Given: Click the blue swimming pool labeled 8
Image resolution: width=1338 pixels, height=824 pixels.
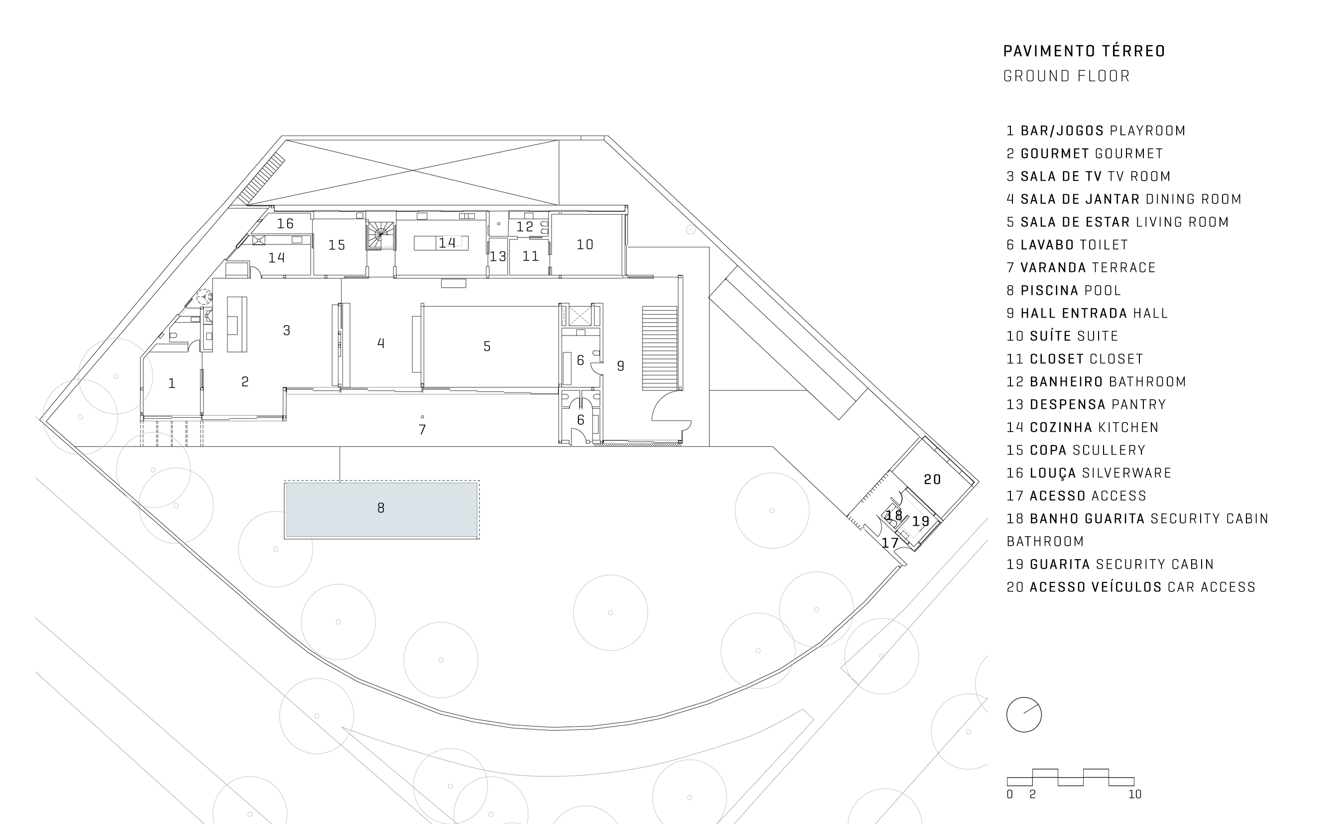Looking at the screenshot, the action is click(381, 509).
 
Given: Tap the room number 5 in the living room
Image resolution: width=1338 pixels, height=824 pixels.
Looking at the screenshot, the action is click(487, 347).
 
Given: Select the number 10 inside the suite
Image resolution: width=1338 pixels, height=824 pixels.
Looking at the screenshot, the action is click(585, 244).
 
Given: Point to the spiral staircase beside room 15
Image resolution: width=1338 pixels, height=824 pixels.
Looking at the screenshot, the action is click(381, 235).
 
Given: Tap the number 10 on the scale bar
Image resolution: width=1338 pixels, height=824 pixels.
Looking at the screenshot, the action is click(1135, 794).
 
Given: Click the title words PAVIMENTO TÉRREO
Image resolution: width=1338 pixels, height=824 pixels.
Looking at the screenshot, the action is click(1084, 51).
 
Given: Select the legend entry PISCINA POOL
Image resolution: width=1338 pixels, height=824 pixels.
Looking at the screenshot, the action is click(1063, 290).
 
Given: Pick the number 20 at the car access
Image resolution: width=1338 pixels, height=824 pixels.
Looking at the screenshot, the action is click(932, 479).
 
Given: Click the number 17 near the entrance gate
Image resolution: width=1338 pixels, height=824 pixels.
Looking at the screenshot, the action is click(890, 543).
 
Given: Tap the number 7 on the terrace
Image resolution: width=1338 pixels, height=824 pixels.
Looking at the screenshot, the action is click(422, 430).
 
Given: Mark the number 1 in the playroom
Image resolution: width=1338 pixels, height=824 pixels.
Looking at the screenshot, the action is click(172, 384).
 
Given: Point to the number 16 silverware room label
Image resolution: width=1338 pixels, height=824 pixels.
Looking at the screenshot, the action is click(285, 224).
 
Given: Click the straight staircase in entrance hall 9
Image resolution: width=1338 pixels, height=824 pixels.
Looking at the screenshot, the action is click(660, 348).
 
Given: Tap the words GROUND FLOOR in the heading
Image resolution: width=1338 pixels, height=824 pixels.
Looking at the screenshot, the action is click(1067, 76).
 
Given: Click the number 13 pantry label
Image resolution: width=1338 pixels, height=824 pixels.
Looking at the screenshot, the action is click(498, 257).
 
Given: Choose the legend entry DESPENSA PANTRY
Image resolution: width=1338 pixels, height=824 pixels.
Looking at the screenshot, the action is click(1086, 404).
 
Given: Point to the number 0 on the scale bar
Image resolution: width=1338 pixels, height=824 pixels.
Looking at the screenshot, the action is click(1009, 794).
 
